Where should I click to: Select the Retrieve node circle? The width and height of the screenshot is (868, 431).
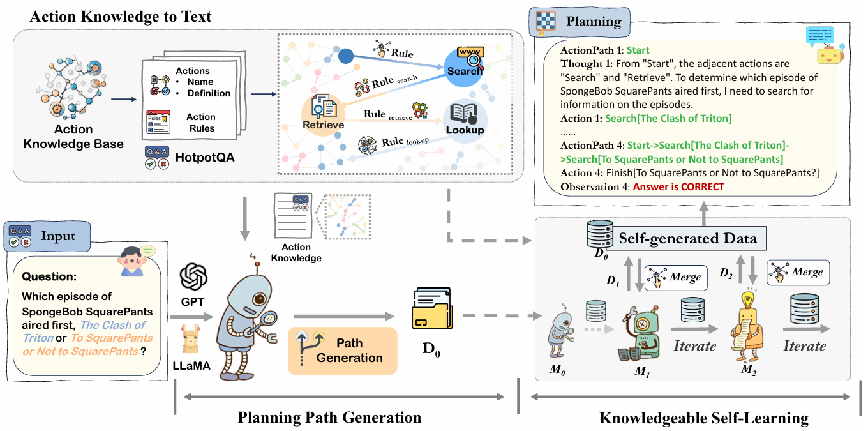click(324, 115)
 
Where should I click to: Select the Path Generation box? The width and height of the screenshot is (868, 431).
click(342, 350)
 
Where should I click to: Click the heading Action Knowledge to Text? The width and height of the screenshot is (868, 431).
click(121, 16)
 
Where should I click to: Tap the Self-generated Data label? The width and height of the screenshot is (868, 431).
click(687, 238)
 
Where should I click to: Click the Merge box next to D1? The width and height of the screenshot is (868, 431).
click(676, 278)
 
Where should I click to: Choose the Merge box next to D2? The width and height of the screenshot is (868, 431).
click(798, 272)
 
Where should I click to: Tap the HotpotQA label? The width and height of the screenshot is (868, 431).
click(205, 156)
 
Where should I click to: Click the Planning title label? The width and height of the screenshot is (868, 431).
click(593, 22)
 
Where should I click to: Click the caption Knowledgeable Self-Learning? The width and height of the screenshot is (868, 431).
click(703, 418)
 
